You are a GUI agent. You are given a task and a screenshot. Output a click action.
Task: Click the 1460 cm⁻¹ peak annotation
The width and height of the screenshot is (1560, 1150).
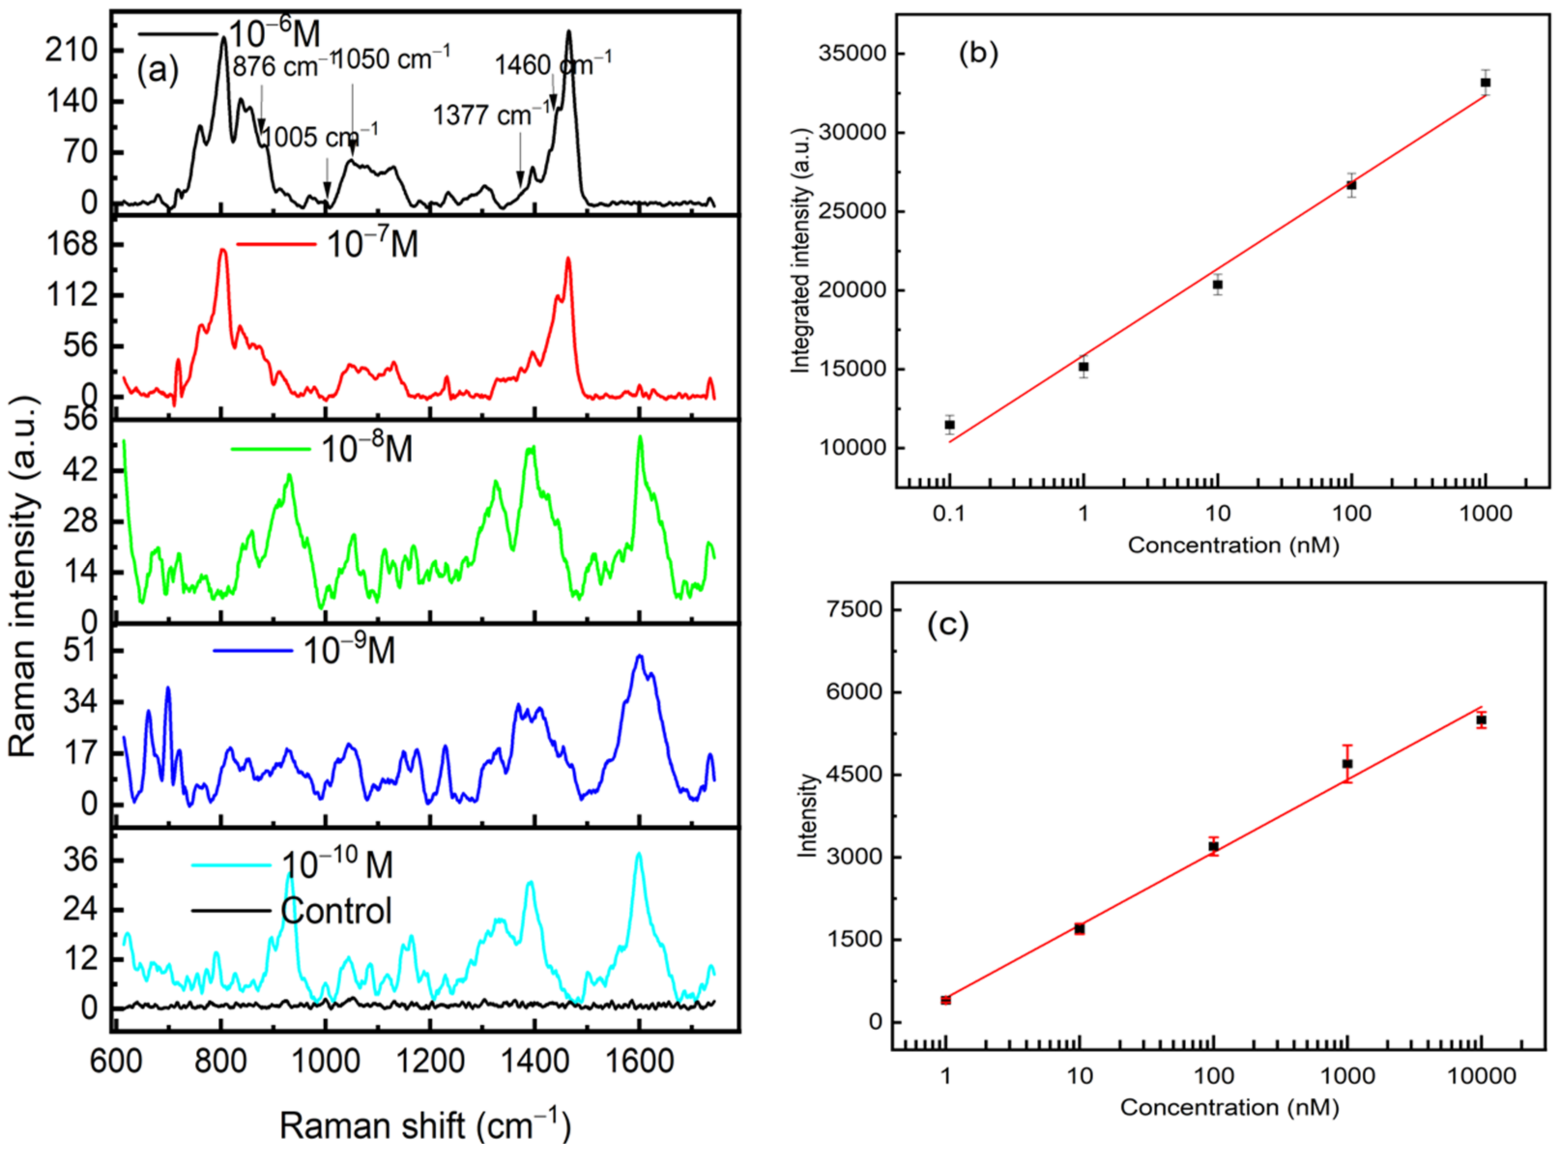click(x=553, y=65)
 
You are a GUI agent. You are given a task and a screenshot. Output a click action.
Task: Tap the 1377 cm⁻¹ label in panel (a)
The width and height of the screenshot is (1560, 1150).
click(x=491, y=115)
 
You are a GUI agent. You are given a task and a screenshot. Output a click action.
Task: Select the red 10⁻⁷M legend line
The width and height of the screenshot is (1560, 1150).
click(x=275, y=244)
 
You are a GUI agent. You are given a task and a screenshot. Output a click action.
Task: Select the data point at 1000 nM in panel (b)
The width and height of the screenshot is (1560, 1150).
click(x=1486, y=83)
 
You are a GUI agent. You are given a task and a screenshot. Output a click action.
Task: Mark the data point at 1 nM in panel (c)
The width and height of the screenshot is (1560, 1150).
click(x=945, y=1000)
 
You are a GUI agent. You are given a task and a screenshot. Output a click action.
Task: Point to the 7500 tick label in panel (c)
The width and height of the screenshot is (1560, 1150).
click(x=855, y=610)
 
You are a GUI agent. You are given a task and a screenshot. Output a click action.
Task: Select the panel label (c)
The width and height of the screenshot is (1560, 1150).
click(x=947, y=625)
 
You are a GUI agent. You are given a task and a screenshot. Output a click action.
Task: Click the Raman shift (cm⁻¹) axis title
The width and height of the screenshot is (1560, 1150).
click(x=425, y=1124)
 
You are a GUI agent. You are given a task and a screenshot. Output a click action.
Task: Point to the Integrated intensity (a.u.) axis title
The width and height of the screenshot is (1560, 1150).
click(x=801, y=251)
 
